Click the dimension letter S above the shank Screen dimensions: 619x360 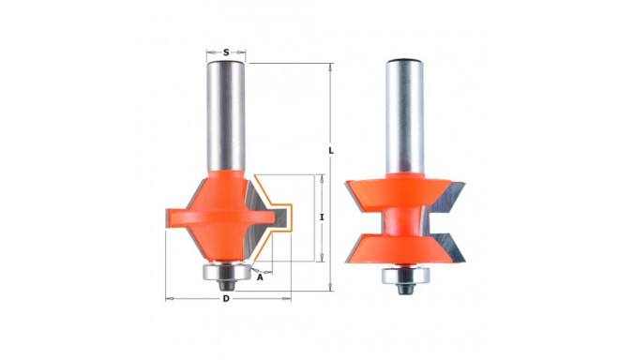pyautogui.click(x=226, y=52)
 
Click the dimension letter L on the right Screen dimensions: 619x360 pyautogui.click(x=331, y=151)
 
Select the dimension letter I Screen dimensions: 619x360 pyautogui.click(x=322, y=217)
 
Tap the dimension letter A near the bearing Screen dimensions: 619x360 pyautogui.click(x=260, y=277)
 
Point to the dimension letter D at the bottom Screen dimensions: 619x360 pyautogui.click(x=226, y=299)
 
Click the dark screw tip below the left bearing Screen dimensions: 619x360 pyautogui.click(x=226, y=284)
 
